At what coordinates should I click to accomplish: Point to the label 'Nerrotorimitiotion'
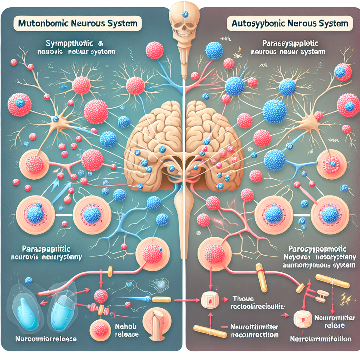320,339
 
